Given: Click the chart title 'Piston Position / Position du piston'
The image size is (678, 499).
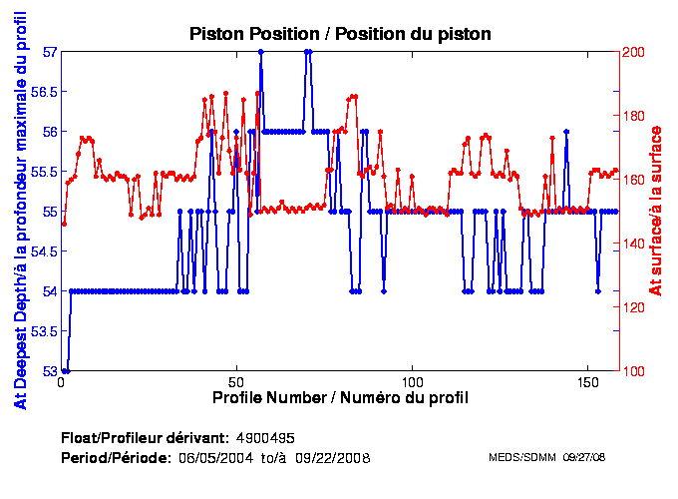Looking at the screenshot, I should click(x=340, y=34).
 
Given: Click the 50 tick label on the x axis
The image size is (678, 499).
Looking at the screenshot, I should click(x=236, y=382).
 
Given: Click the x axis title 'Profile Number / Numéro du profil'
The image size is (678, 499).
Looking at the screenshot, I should click(x=340, y=398).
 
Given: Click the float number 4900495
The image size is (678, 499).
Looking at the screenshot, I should click(x=265, y=439).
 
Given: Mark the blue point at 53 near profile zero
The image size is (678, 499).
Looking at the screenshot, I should click(x=65, y=370).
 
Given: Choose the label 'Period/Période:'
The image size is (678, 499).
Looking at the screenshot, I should click(x=115, y=458).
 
